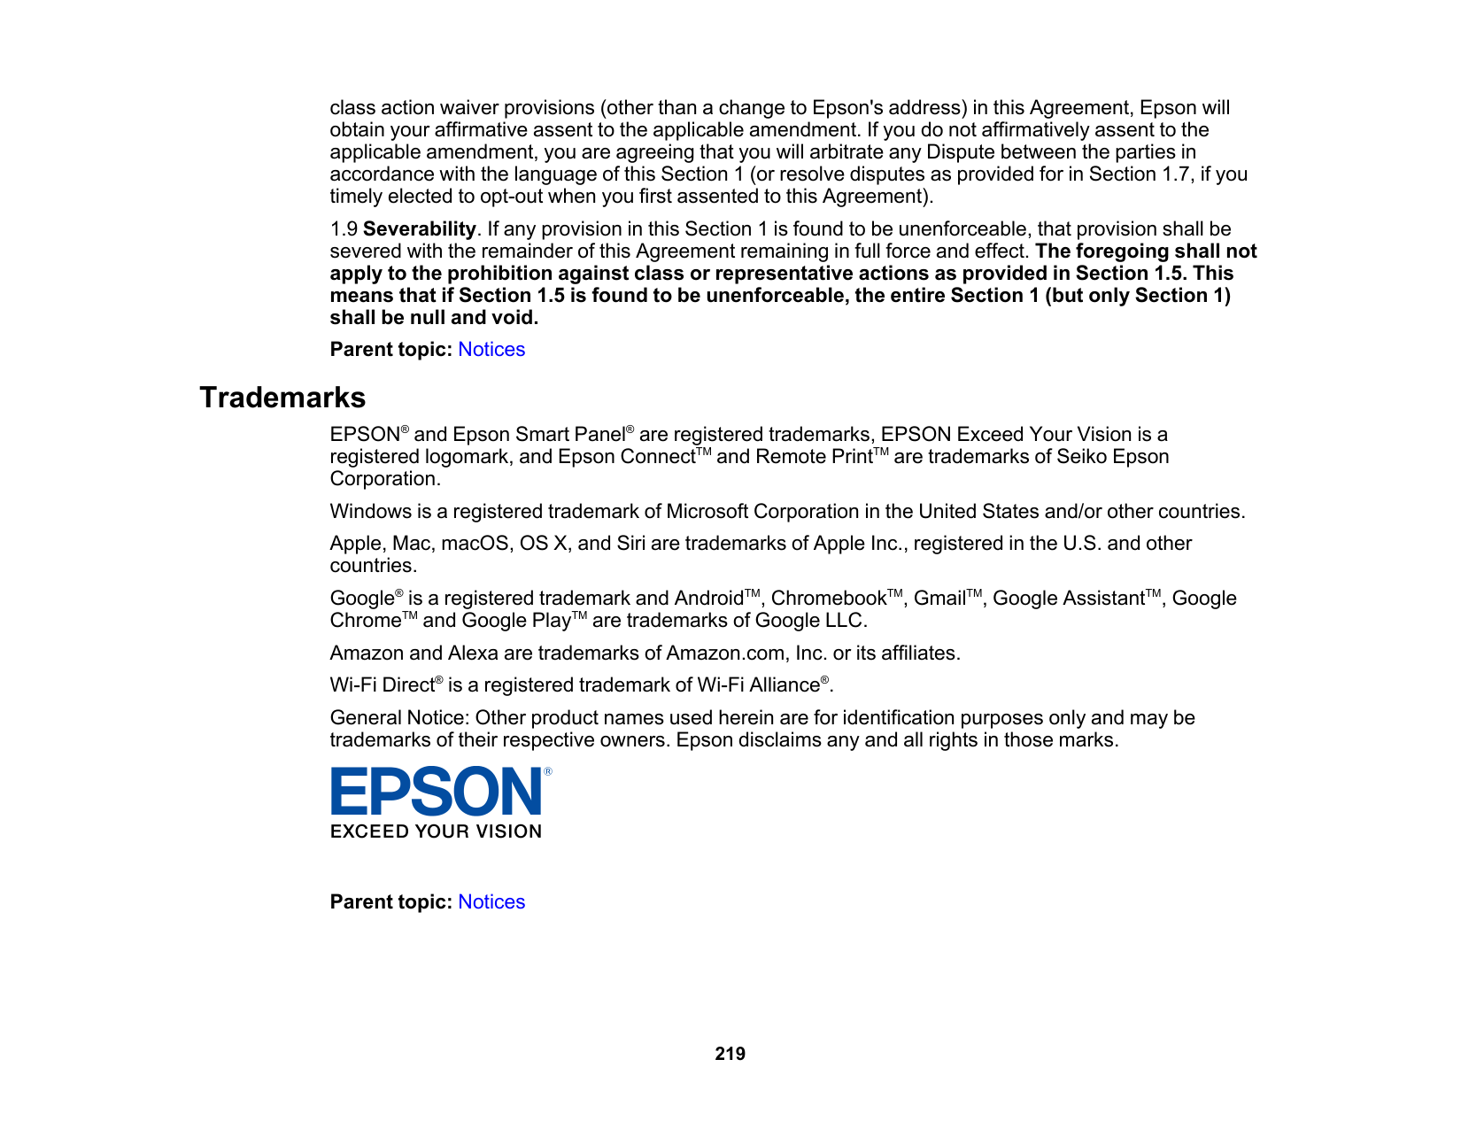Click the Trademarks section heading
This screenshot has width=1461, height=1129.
click(282, 398)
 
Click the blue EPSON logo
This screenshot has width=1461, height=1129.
click(437, 791)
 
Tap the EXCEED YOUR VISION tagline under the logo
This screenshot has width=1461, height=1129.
click(436, 831)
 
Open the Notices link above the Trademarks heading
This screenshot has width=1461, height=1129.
click(491, 350)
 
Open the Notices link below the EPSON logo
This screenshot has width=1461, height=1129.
click(491, 902)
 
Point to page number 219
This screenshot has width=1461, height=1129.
click(730, 1054)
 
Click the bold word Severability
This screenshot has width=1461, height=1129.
click(420, 229)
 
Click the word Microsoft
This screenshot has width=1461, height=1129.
click(707, 512)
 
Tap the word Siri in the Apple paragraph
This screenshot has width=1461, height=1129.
click(630, 544)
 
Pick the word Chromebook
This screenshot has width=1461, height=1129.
click(828, 599)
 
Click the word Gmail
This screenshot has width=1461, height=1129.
click(939, 599)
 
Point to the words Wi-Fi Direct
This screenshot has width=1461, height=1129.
click(382, 685)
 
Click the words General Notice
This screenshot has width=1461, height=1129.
click(396, 718)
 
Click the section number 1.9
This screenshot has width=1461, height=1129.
click(344, 229)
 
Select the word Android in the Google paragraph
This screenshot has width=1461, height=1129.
click(708, 599)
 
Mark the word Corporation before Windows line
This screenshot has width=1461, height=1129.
click(383, 479)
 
